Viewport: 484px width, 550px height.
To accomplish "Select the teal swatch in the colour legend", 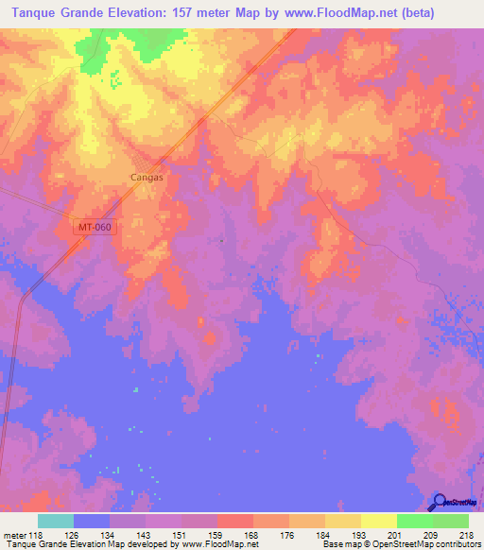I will click(x=55, y=521).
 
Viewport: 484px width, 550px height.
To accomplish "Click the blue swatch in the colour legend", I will click(x=91, y=521).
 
